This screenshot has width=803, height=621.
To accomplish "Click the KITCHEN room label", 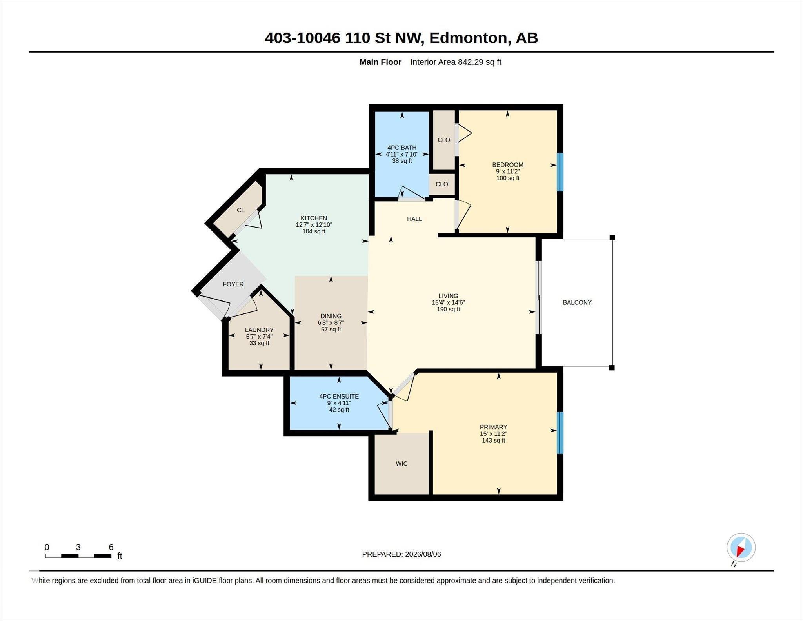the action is coord(314,218).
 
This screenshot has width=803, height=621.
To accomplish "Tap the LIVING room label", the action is coord(448,296).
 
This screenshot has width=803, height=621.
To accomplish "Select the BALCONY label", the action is coord(577,302).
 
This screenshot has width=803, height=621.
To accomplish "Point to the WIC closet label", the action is coord(401,464).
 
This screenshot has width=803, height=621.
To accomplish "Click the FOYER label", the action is coord(233,284).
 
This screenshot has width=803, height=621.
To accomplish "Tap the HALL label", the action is coord(414,219).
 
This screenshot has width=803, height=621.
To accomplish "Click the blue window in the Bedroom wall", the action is coord(560,172).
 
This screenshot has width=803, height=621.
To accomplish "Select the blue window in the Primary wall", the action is coord(560,433).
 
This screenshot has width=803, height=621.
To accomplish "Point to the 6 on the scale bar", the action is coord(111,547).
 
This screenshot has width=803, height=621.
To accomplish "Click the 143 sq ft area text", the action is coord(493,441).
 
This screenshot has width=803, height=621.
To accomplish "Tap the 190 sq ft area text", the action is coord(448,309).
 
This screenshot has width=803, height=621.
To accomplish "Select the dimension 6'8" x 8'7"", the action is coord(331,323).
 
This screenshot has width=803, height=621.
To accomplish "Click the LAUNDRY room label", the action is coord(259,330).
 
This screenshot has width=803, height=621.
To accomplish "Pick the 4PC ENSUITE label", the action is coord(339,397).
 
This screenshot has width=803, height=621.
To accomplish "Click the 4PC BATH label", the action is coord(402,148).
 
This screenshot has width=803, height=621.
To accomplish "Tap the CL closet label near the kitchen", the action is coord(240,210).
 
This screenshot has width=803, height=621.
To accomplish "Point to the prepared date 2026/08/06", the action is coord(423,554).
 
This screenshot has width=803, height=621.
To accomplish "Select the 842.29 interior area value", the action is coord(470,62).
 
